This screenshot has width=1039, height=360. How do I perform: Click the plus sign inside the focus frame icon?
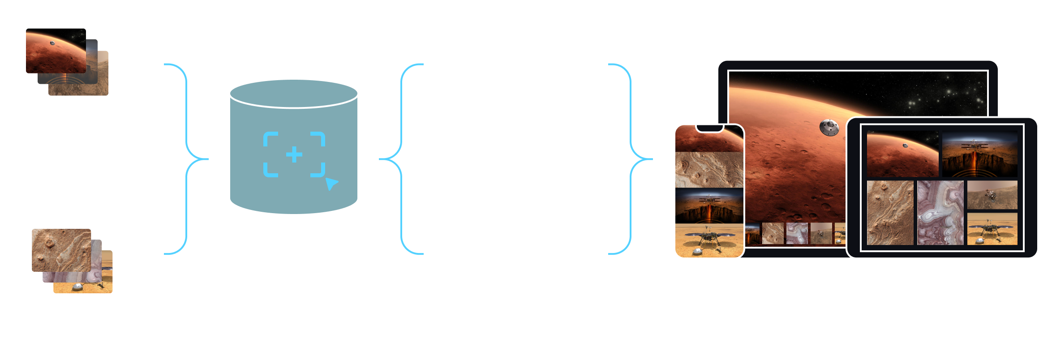294,154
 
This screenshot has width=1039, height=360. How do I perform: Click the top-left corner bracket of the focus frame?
270,139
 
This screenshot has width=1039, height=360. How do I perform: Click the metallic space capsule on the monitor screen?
829,127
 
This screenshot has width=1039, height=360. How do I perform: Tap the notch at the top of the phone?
709,129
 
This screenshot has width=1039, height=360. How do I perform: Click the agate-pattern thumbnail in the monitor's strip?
797,233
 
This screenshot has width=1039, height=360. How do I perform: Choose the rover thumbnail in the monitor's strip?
821,233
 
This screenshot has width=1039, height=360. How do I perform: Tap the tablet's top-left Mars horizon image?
902,154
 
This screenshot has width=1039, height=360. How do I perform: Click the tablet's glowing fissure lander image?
979,154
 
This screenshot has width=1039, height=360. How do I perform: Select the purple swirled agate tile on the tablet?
940,213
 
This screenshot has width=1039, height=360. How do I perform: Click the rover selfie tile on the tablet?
992,195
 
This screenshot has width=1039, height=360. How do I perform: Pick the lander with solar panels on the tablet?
992,229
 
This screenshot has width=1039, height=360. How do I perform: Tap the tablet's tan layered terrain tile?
890,213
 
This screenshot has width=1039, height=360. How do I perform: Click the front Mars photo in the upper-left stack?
56,51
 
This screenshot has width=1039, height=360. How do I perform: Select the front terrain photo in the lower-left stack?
61,250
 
